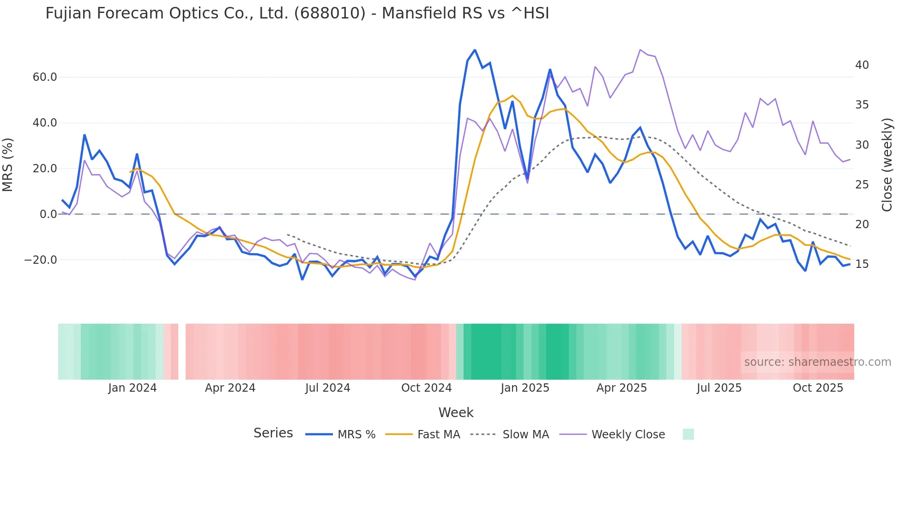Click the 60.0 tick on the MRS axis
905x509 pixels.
point(44,77)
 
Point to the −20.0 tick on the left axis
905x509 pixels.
point(41,260)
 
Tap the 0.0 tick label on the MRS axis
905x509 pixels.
point(48,214)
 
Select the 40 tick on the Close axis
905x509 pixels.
point(862,65)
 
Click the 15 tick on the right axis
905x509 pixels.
point(862,264)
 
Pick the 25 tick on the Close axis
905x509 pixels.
point(862,185)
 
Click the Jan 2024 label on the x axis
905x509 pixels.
point(132,388)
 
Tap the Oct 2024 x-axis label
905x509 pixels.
point(426,388)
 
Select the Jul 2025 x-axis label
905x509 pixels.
point(719,388)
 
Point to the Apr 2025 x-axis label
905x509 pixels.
point(621,388)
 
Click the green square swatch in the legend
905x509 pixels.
point(688,434)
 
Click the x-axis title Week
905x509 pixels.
point(456,412)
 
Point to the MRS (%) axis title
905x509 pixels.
point(8,164)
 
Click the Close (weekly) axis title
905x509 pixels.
point(887,164)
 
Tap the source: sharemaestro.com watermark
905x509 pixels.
point(817,362)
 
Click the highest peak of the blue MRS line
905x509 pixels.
point(475,50)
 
